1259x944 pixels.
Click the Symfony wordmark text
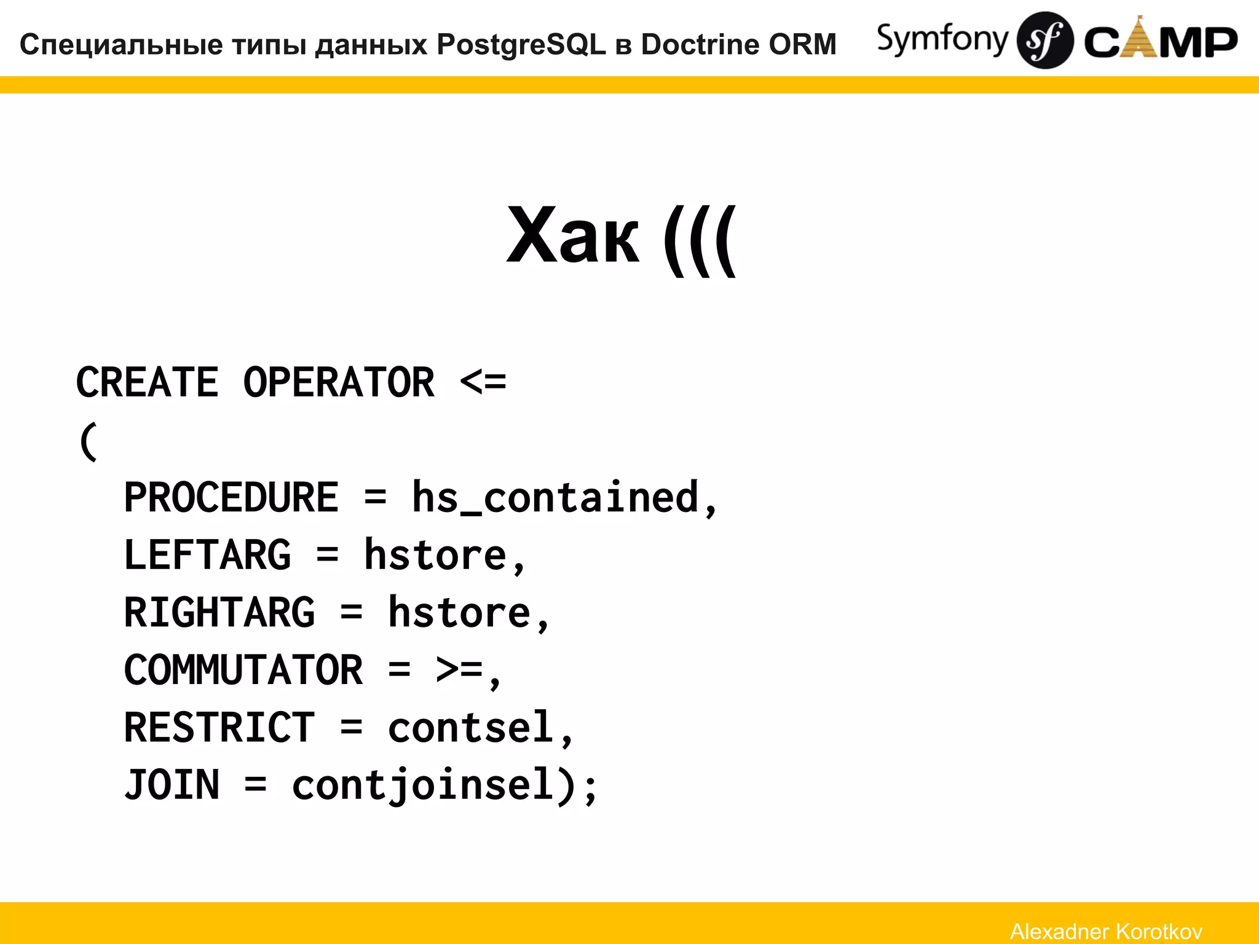942,39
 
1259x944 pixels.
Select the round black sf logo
1044,41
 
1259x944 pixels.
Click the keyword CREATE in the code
147,382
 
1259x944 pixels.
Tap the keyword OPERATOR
339,382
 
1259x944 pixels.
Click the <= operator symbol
483,382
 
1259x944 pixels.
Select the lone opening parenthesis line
89,441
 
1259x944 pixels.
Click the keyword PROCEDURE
231,497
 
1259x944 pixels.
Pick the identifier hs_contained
555,497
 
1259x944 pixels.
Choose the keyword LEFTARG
207,555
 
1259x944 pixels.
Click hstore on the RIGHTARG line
459,613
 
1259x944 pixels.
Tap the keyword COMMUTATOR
243,670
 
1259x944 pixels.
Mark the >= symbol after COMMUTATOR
459,670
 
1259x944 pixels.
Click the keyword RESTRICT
219,728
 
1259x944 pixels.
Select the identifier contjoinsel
424,785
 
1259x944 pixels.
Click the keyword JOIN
172,785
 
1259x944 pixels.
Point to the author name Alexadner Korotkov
1106,931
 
